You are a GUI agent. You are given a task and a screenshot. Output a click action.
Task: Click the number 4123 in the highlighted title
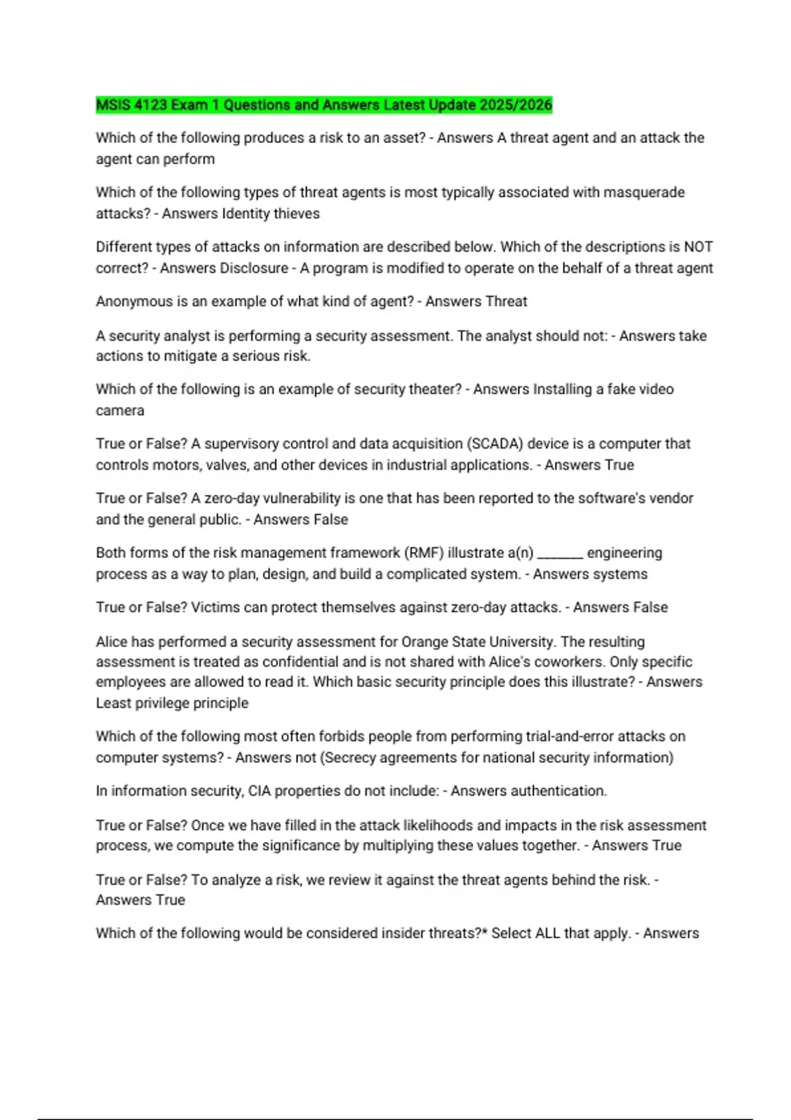[150, 105]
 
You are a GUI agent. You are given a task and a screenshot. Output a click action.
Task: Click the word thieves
[297, 213]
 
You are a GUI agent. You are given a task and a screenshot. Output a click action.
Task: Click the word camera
[120, 410]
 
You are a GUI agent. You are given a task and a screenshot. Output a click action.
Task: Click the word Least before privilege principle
[113, 703]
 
